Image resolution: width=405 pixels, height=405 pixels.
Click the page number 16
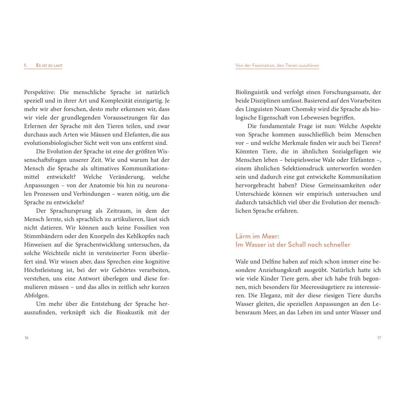pyautogui.click(x=26, y=338)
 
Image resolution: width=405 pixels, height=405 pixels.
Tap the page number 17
pyautogui.click(x=379, y=338)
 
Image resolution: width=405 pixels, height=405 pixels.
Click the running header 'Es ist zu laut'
pyautogui.click(x=49, y=65)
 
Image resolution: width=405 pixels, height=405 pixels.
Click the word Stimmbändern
pyautogui.click(x=43, y=237)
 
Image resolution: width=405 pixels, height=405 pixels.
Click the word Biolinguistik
pyautogui.click(x=252, y=92)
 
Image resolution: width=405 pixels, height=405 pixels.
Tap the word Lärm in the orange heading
pyautogui.click(x=244, y=236)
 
